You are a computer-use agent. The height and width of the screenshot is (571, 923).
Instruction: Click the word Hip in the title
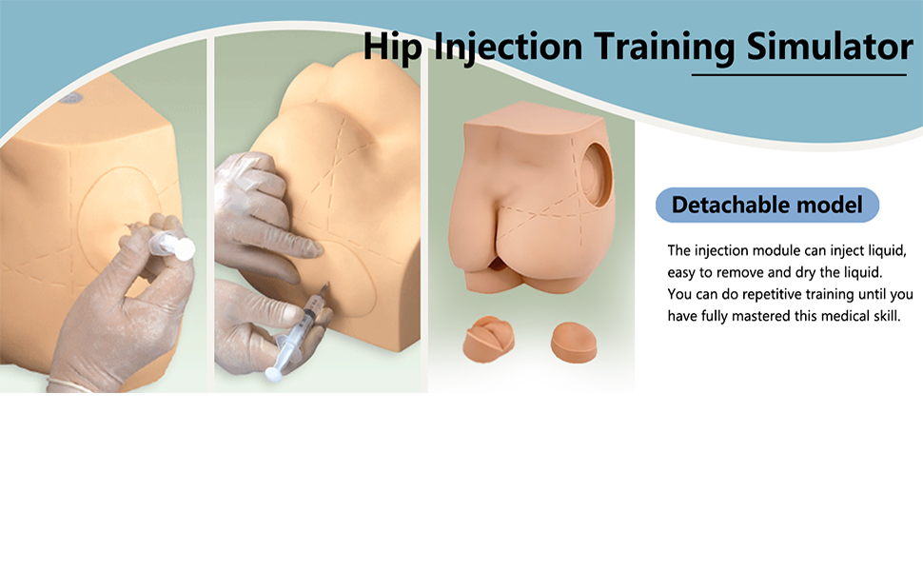tap(392, 47)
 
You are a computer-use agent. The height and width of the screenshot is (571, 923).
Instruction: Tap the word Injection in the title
tap(508, 47)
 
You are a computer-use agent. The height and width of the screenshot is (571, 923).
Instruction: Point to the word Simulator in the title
tap(830, 47)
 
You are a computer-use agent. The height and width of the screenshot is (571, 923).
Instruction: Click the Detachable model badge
tap(767, 205)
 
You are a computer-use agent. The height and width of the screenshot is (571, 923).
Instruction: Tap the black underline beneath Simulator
tap(798, 75)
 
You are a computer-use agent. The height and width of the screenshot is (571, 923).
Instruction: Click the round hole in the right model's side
tap(595, 175)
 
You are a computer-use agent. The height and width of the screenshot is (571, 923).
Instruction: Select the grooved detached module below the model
tap(488, 339)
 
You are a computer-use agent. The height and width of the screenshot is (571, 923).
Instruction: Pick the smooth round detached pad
tap(574, 342)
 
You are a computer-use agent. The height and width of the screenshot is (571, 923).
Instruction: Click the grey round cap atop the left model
tap(69, 98)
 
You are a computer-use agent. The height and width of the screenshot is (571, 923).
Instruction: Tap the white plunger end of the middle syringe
tap(274, 373)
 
